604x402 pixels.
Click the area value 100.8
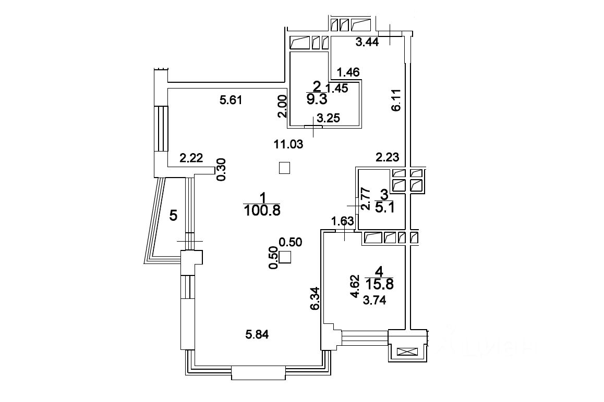[262, 210]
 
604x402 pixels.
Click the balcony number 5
[174, 215]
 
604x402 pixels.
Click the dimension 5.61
[231, 100]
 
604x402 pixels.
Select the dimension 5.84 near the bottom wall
[260, 334]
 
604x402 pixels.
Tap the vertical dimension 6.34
[315, 299]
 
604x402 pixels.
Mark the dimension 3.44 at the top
[367, 43]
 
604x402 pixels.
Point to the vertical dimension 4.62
[355, 286]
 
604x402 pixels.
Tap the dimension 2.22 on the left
[191, 158]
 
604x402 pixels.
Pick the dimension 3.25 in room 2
[329, 118]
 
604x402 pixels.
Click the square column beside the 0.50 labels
[285, 257]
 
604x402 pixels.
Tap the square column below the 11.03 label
[284, 168]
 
